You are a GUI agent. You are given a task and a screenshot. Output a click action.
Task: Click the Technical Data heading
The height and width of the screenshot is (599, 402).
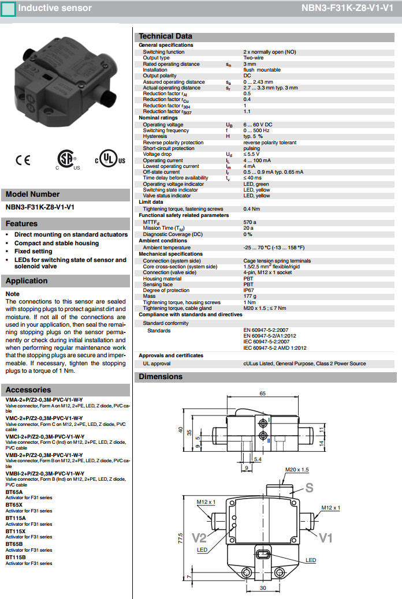[x=165, y=36]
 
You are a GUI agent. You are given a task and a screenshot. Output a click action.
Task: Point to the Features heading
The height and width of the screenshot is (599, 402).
[x=21, y=223]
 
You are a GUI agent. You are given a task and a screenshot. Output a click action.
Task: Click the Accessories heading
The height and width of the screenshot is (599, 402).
[x=28, y=390]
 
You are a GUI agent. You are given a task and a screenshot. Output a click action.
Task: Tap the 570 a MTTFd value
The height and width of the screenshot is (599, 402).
[x=250, y=222]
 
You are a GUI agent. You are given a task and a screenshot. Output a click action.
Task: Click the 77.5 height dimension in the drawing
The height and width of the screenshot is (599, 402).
[x=181, y=538]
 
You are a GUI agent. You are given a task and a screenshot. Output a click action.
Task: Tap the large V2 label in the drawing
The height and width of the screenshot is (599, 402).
[x=199, y=538]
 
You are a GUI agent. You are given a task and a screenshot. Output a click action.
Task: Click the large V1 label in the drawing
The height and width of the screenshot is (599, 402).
[x=326, y=538]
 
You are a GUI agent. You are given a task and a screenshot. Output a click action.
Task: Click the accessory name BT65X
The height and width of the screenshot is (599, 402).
[x=14, y=505]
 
